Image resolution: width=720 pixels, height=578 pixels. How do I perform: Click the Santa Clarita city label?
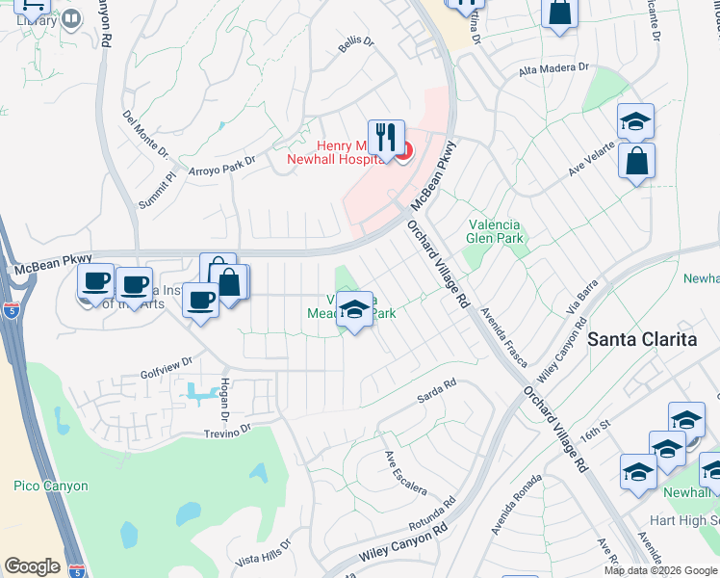click(642, 338)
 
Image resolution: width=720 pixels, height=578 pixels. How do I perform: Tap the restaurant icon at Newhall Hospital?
click(386, 136)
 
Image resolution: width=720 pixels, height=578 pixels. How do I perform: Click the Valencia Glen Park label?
click(494, 231)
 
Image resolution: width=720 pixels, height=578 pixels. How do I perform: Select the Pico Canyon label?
click(51, 486)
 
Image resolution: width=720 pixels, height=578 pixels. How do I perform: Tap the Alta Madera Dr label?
click(553, 68)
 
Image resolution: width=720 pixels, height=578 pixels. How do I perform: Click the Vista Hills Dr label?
click(263, 551)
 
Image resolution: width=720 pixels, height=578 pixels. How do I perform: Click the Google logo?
click(32, 566)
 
